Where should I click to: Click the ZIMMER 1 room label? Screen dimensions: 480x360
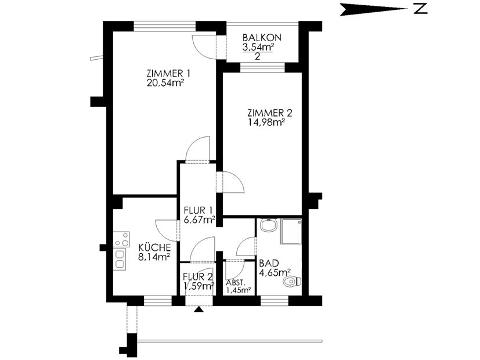tap(168, 74)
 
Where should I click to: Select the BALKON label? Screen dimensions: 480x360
tap(262, 38)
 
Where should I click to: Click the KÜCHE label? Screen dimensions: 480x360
tap(154, 247)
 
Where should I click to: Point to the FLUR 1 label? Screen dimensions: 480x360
tap(198, 210)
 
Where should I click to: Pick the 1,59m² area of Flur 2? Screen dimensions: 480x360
tap(199, 286)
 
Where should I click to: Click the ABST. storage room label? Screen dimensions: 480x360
tap(236, 283)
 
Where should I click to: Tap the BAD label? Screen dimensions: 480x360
tap(269, 263)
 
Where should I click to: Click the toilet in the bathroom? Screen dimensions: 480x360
tap(293, 281)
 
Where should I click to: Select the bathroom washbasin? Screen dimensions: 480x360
tap(269, 225)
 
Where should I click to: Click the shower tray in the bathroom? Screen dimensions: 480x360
tap(291, 232)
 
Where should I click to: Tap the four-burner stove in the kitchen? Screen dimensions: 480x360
tap(121, 239)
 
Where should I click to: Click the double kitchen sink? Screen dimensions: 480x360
tap(120, 259)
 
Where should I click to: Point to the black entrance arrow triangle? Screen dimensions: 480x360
tap(199, 309)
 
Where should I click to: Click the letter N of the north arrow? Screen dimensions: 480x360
tap(420, 9)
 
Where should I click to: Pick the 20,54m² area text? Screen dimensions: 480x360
tap(165, 83)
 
